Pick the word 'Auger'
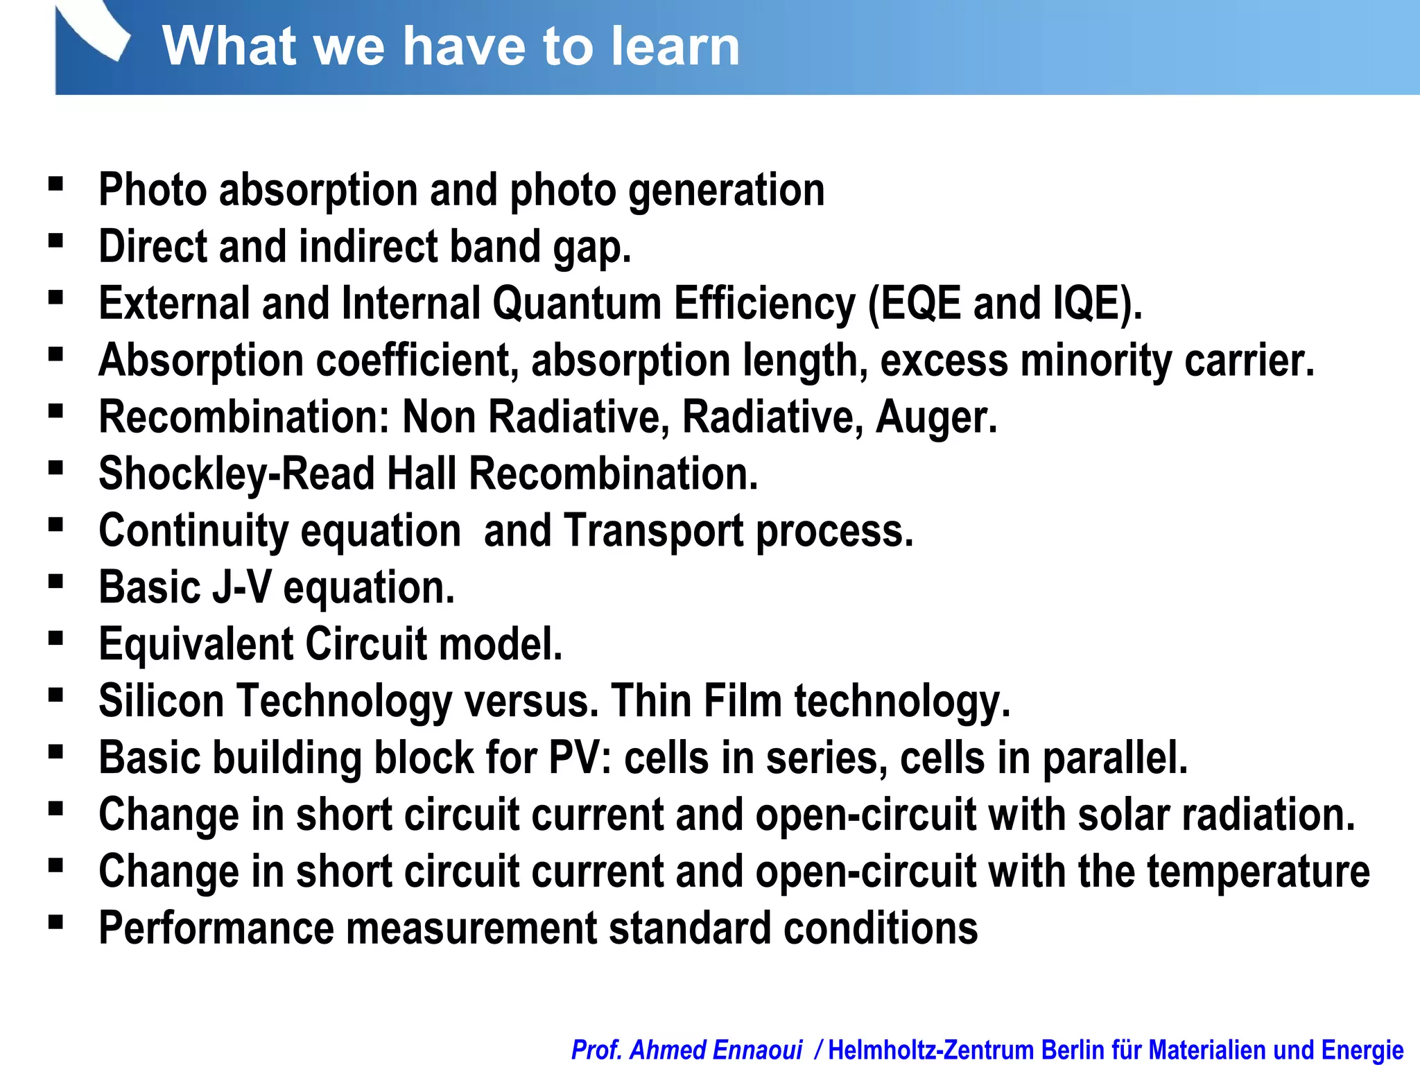point(935,417)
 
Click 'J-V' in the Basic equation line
point(241,588)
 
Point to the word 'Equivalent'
point(196,645)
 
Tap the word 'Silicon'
point(161,701)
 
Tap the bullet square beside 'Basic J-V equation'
point(56,581)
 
